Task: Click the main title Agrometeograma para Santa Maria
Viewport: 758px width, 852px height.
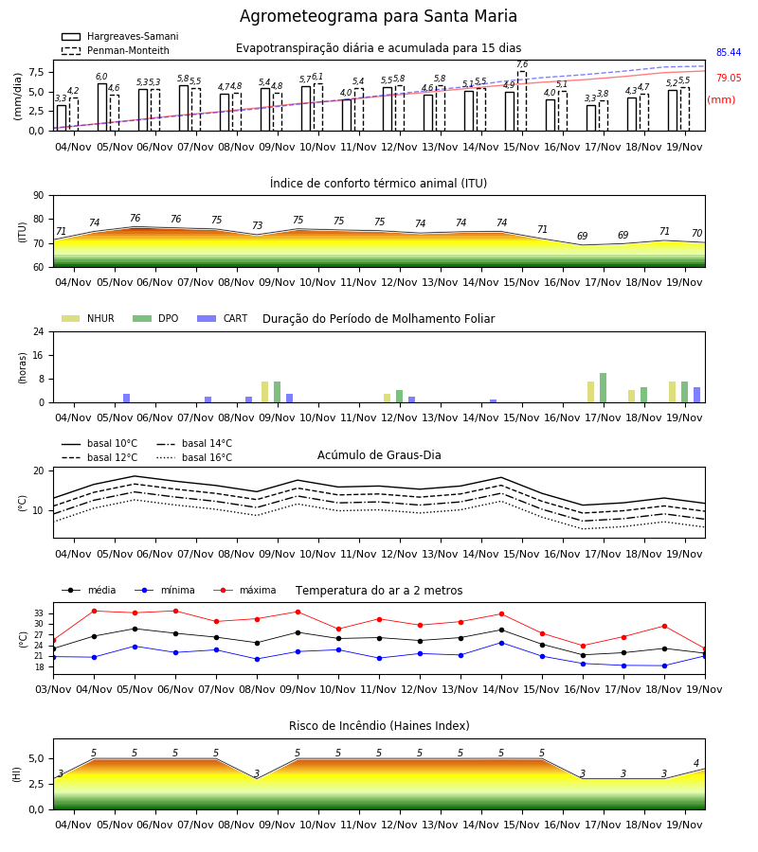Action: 378,16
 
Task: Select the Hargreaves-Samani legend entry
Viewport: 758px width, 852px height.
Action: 119,36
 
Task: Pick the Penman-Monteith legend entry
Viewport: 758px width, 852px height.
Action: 116,50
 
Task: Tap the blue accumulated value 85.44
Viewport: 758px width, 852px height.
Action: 729,53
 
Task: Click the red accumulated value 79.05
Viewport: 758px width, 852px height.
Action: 729,78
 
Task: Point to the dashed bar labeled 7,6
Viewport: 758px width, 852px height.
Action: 522,101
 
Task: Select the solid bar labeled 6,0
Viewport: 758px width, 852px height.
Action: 102,107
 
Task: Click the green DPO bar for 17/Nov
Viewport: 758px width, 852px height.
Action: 603,388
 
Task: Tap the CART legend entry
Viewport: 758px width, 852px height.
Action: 223,318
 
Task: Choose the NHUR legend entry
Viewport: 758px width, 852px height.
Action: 88,318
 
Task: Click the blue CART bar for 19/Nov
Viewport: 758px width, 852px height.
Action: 697,395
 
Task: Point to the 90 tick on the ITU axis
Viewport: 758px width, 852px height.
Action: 39,196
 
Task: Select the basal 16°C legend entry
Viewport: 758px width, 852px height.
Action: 194,457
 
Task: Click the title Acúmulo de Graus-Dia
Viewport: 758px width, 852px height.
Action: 379,455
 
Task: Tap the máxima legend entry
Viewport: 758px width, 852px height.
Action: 244,590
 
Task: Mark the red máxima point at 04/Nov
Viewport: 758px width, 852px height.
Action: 94,611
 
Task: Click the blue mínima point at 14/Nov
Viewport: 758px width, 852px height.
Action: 501,643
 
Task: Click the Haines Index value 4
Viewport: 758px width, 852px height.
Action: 696,763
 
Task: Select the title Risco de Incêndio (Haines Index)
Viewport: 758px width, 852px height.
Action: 379,726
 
